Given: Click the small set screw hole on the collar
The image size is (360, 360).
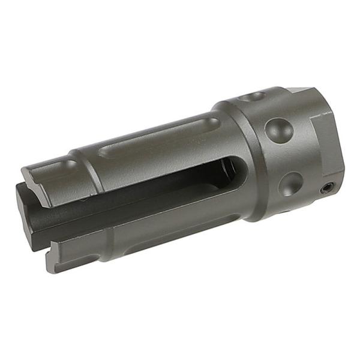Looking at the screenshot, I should (326, 188).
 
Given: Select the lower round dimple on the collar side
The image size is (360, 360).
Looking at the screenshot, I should (290, 183).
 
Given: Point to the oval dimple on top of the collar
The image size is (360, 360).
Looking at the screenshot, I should (251, 96).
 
